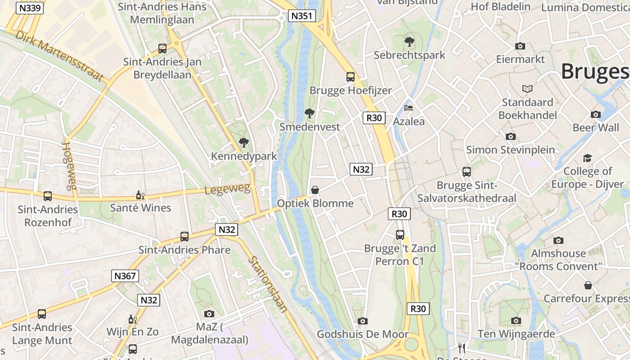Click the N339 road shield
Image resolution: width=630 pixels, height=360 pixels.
[30, 8]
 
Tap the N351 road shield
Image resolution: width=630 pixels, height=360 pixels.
[301, 16]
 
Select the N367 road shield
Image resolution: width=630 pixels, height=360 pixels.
[125, 276]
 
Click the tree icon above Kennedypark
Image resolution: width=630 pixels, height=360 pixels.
[244, 143]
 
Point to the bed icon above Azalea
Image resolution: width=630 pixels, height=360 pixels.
[409, 108]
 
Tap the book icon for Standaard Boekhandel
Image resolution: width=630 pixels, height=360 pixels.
[527, 89]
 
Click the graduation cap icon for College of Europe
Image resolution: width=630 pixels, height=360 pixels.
[587, 158]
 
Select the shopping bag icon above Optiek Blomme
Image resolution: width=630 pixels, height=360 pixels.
[315, 190]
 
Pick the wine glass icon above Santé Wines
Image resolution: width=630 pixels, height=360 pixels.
[140, 195]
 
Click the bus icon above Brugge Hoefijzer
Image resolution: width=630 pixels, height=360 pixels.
[351, 77]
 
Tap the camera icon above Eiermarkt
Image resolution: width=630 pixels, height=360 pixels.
[520, 46]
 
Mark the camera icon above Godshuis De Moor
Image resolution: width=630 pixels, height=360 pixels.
[363, 321]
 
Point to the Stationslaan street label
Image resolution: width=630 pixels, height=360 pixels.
[268, 284]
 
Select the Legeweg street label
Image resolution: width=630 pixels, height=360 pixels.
[227, 189]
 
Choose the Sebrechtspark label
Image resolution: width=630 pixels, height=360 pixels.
[409, 55]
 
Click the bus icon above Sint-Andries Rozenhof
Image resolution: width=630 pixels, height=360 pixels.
[48, 196]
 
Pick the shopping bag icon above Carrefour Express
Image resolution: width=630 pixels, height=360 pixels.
[588, 285]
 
